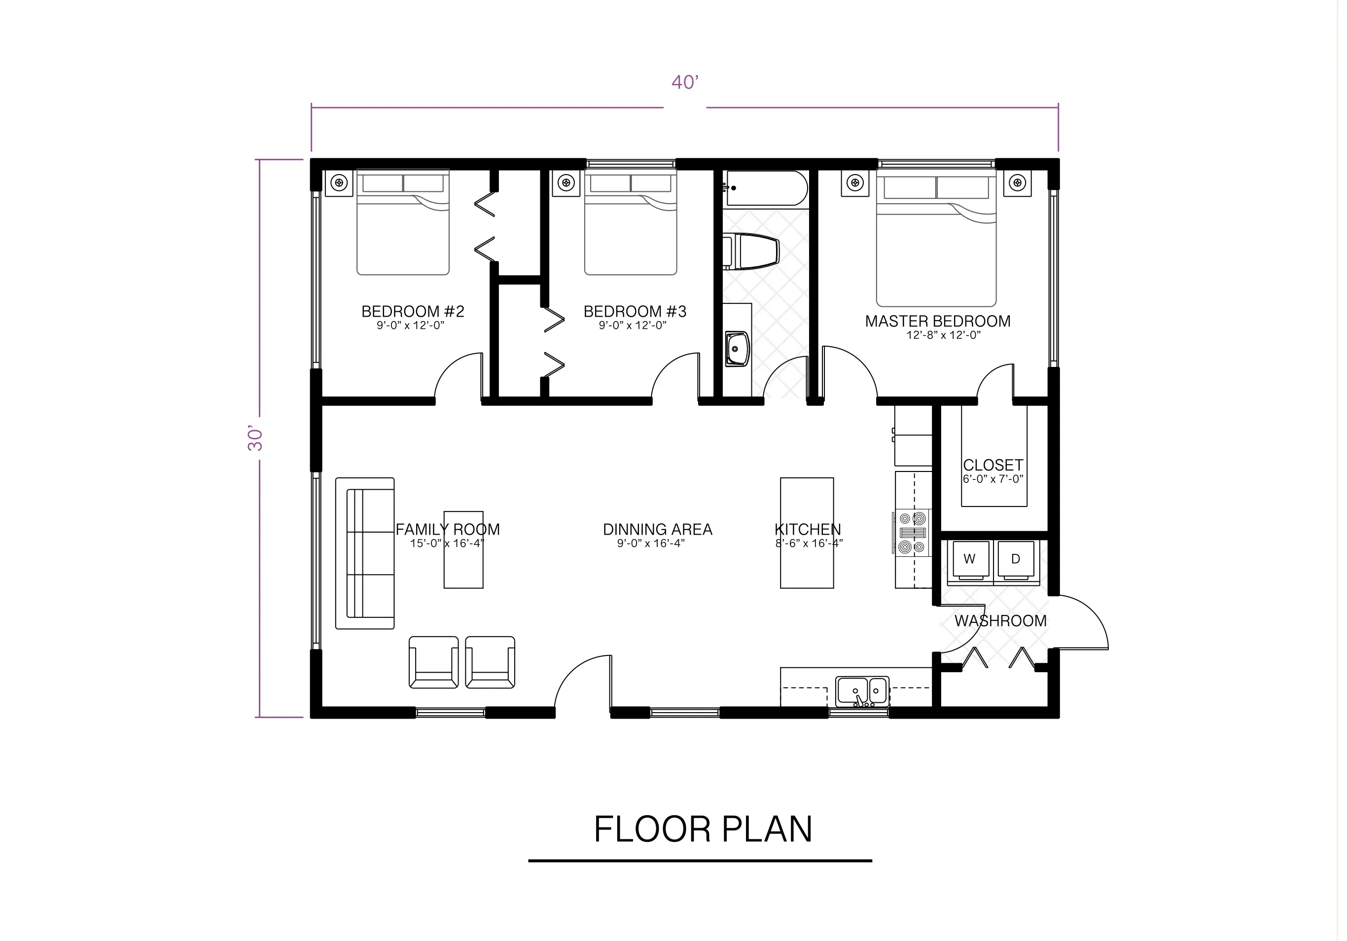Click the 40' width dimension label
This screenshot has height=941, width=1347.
(685, 82)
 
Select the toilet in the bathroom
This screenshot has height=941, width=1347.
(754, 252)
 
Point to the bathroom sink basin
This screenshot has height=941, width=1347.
(737, 349)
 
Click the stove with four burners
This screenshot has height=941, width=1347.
(913, 533)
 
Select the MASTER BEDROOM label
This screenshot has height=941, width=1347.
(937, 322)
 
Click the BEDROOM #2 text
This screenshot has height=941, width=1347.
(412, 312)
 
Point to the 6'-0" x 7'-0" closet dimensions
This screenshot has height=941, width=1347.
(993, 479)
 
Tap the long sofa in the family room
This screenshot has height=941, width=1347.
(365, 553)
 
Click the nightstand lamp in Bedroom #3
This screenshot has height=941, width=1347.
(566, 183)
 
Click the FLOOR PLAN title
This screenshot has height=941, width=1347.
(702, 829)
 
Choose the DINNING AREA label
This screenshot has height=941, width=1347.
(657, 529)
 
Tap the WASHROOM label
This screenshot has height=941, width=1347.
(1000, 621)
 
